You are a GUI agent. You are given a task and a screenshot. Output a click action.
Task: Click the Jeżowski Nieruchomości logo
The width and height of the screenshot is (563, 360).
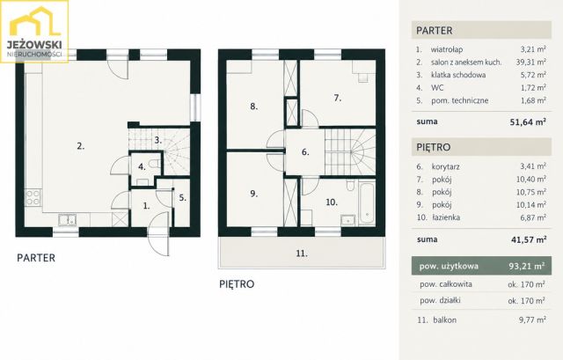pos(34,32)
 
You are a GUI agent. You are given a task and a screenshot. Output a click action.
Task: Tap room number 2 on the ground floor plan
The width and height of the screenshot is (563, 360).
pos(80,146)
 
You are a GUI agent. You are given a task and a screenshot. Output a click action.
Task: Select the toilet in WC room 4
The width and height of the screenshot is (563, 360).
pos(155,165)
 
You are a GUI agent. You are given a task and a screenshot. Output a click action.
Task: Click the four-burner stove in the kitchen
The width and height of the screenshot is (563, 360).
pos(33,198)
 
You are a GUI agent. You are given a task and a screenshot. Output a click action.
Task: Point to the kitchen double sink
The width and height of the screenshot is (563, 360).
pos(67,220)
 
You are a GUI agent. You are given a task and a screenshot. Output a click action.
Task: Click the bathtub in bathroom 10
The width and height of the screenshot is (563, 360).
pos(367,204)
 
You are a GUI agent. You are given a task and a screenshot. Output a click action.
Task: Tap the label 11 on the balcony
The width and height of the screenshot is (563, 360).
pos(302,253)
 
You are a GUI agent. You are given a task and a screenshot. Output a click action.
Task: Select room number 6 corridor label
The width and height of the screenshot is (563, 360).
pos(305,152)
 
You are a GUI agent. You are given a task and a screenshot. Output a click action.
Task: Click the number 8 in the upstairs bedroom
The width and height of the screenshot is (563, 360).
pos(254,107)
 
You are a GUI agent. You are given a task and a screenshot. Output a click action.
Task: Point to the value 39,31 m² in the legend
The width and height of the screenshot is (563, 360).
pos(531,62)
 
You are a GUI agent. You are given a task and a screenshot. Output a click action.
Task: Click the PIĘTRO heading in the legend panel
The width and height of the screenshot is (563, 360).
pos(434,147)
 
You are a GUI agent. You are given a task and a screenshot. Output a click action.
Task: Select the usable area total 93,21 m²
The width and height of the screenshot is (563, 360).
pos(527,266)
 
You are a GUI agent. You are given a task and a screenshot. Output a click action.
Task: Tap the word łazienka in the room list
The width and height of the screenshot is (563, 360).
pos(446,217)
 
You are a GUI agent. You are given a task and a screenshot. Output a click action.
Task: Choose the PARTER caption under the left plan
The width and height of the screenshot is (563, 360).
pos(36,258)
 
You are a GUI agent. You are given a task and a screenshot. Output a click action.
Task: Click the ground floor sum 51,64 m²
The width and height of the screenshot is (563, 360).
pos(528,121)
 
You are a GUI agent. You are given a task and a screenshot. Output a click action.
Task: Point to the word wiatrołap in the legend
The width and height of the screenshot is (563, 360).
pos(447,49)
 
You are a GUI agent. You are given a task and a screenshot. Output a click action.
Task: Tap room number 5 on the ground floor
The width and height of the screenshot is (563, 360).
pos(183,198)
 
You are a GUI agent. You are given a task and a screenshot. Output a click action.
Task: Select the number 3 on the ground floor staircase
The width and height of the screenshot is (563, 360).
pos(158,140)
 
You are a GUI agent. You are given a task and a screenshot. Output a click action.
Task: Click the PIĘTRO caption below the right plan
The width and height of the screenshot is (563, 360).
pos(237,284)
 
